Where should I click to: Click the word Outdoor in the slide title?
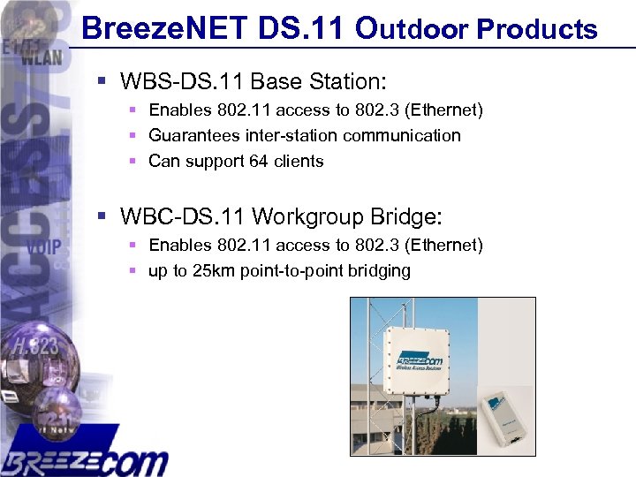pyautogui.click(x=412, y=28)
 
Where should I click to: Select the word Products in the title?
pyautogui.click(x=537, y=29)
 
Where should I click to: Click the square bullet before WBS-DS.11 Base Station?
pyautogui.click(x=102, y=82)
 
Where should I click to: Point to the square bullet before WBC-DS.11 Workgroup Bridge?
pyautogui.click(x=102, y=216)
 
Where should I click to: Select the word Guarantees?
pyautogui.click(x=192, y=135)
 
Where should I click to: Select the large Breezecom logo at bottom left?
pyautogui.click(x=84, y=455)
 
